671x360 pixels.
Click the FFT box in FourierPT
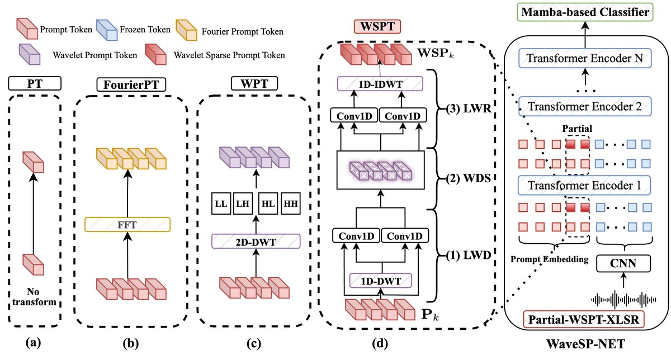click(x=127, y=225)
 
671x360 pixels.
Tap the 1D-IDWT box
click(x=380, y=84)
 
